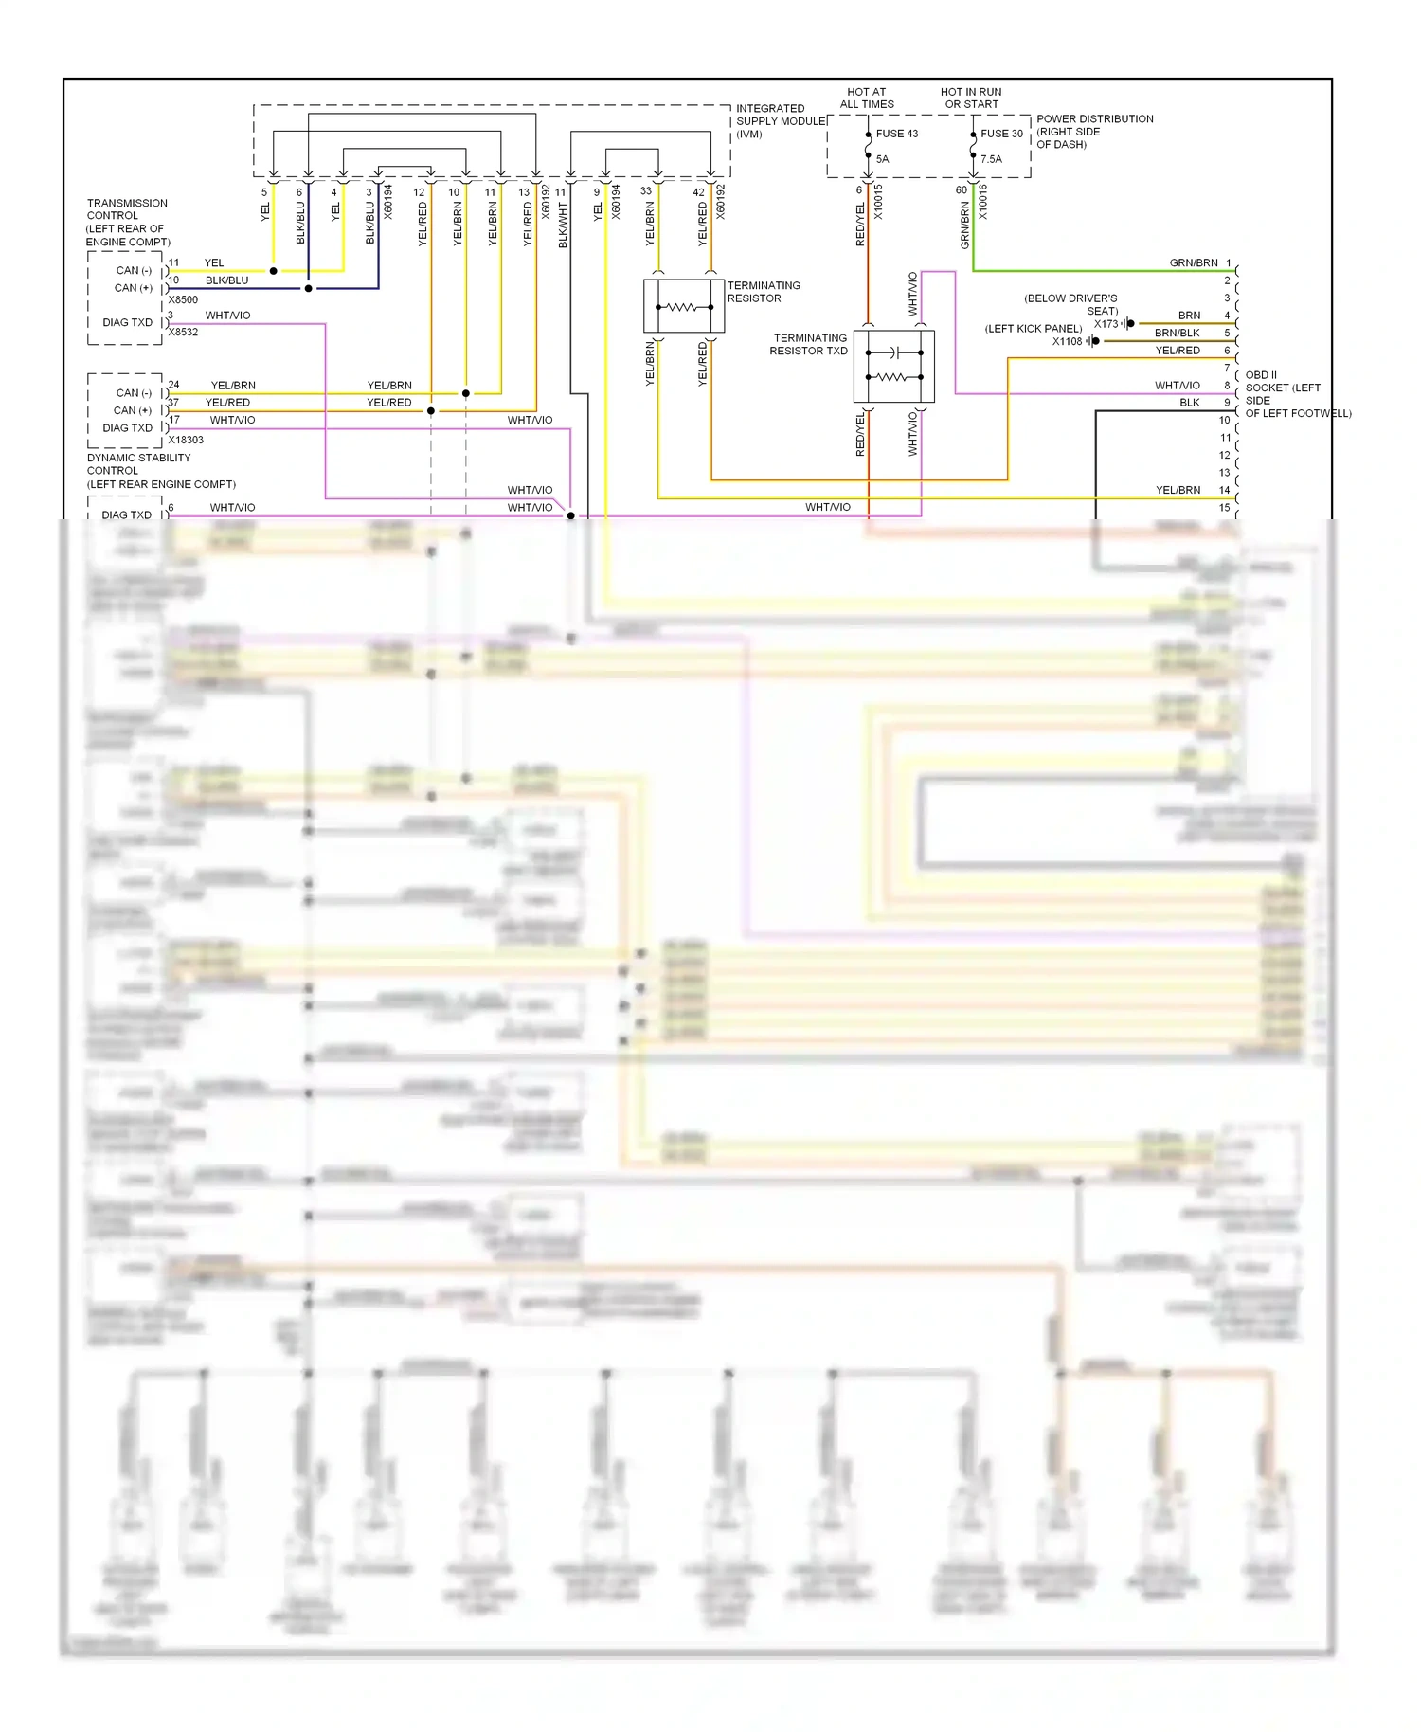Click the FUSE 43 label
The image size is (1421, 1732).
pos(896,134)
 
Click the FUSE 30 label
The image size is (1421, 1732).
pos(1001,134)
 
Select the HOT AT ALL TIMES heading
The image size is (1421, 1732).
pos(866,99)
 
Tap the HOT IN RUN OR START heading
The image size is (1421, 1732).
pos(971,99)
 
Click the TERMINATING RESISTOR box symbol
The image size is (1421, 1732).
pos(683,306)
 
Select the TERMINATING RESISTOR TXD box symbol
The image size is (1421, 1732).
pos(893,367)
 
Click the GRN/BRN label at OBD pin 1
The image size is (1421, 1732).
pos(1193,262)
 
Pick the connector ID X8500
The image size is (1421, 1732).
pos(183,299)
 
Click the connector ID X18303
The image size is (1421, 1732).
pos(186,440)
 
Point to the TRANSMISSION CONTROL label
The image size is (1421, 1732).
pos(127,222)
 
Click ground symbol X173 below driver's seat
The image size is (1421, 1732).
pos(1127,324)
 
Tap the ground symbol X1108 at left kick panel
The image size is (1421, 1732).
pos(1093,341)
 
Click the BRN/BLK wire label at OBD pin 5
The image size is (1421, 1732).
pos(1177,333)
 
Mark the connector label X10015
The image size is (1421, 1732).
pos(878,202)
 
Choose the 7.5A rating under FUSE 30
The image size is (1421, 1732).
pos(991,159)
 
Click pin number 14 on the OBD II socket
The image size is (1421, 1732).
pos(1224,490)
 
